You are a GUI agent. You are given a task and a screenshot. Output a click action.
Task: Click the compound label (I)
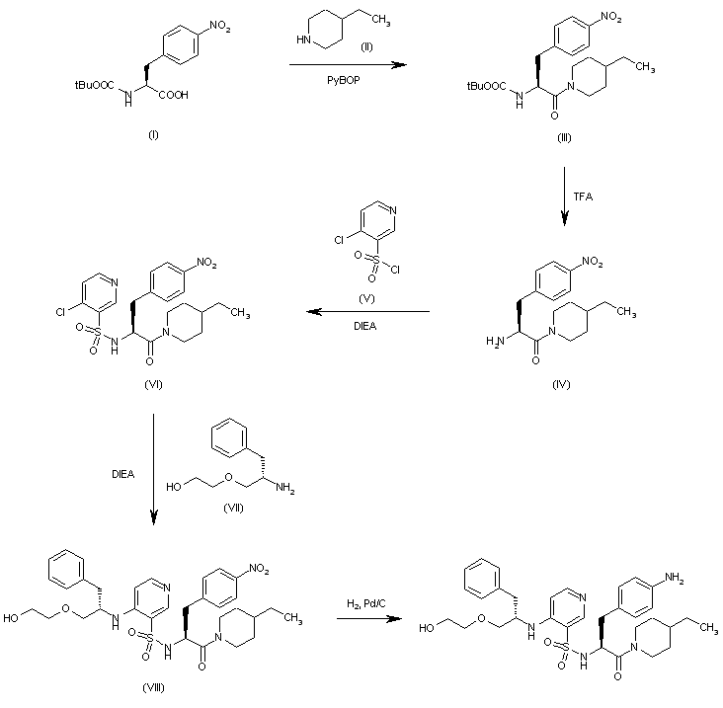point(152,134)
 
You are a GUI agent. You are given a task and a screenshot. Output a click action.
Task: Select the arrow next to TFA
point(563,197)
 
